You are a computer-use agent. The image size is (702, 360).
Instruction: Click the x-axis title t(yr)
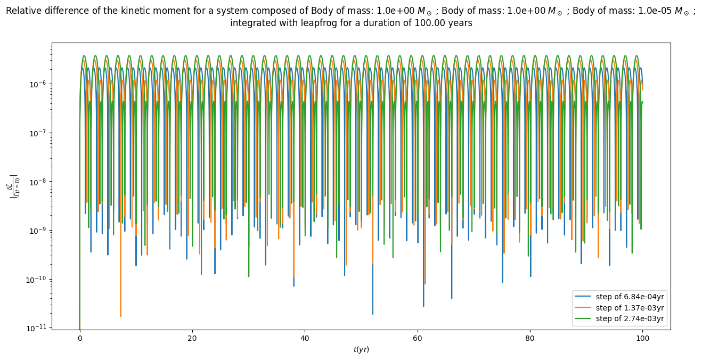(361, 349)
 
